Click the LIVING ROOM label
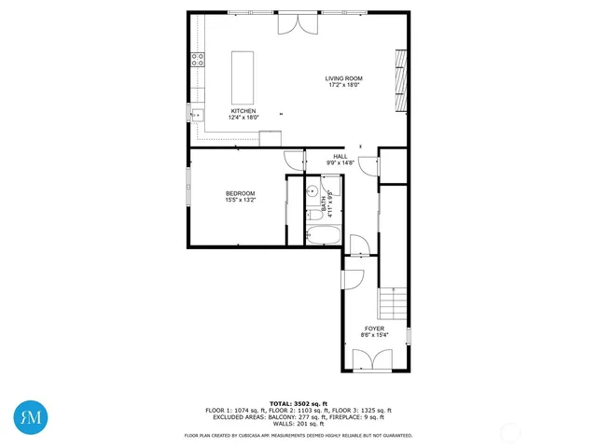click(344, 78)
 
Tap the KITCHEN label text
click(243, 111)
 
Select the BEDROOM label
click(240, 193)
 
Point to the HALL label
click(340, 157)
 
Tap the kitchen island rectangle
click(243, 77)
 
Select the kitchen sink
click(198, 116)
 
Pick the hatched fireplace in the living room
click(401, 79)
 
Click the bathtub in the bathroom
click(323, 233)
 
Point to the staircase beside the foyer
click(392, 304)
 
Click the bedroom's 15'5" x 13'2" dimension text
click(240, 200)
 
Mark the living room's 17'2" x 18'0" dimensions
click(344, 85)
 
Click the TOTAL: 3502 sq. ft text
click(298, 403)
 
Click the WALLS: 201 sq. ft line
click(298, 423)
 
